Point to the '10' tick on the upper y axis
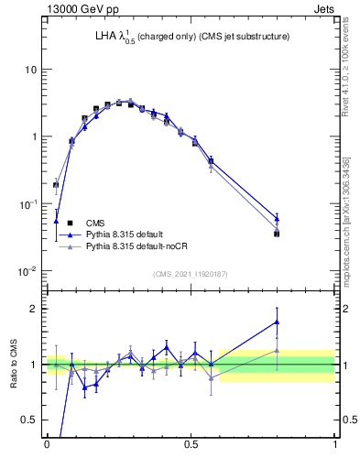point(30,70)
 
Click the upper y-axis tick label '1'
point(34,136)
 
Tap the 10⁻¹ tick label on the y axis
point(29,203)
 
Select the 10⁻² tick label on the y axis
point(29,270)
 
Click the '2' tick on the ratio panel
point(33,309)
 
